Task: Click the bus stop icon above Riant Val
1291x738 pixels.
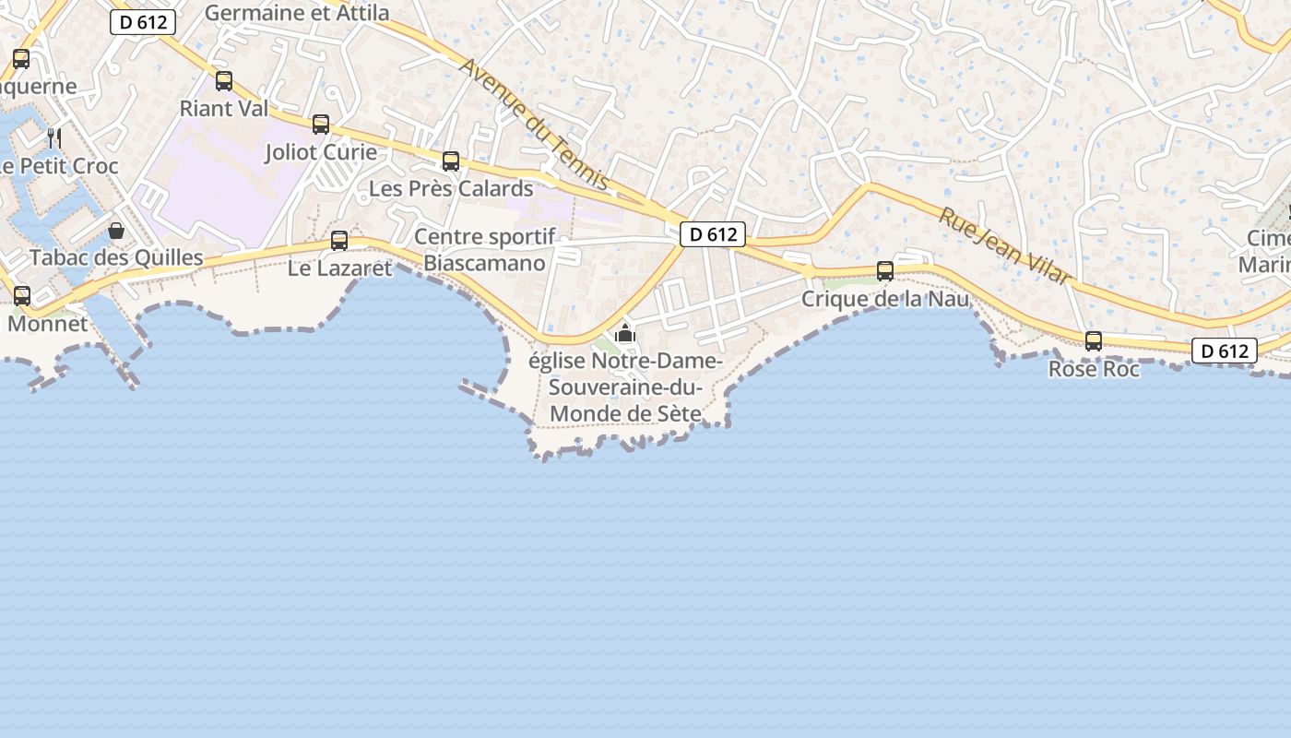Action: coord(224,81)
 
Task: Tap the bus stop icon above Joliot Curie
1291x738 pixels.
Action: coord(321,124)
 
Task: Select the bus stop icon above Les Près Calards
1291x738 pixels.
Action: coord(451,161)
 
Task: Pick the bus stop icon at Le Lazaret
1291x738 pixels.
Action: coord(339,241)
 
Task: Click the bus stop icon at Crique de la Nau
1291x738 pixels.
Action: coord(885,271)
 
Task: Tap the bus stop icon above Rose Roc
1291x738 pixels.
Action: coord(1094,341)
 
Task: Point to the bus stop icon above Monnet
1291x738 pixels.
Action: coord(22,296)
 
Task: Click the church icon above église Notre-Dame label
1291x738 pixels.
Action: coord(626,333)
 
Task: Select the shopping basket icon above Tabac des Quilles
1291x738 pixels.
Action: coord(116,230)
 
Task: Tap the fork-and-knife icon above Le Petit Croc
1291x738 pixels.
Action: coord(54,138)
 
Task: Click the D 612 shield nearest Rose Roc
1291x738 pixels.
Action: coord(1225,351)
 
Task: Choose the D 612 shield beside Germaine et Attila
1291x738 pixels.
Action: coord(143,22)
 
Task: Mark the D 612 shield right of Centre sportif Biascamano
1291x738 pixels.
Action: coord(713,234)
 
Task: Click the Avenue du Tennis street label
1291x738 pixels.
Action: coord(536,125)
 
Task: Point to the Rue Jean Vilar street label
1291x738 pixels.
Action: coord(1004,245)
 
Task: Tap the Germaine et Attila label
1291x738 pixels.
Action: coord(297,13)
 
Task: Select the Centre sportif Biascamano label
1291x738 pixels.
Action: coord(485,250)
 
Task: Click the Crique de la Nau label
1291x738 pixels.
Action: coord(885,299)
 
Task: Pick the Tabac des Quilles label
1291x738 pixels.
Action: coord(116,257)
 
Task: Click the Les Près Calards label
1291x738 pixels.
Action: coord(451,189)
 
